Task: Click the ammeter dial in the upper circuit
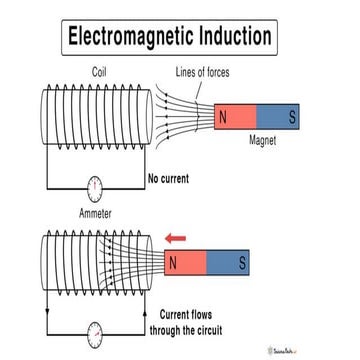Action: click(95, 186)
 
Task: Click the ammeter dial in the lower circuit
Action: click(95, 331)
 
